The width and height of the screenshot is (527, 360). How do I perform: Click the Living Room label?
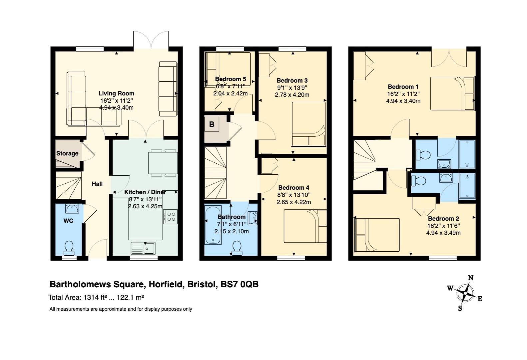click(x=116, y=93)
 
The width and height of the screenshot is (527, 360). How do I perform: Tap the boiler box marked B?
click(x=212, y=124)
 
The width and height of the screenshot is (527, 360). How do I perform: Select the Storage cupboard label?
click(x=67, y=154)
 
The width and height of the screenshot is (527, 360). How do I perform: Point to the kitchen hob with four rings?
click(x=170, y=217)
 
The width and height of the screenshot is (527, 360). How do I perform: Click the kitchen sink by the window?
click(x=143, y=248)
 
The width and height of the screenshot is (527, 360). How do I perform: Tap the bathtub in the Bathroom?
click(x=213, y=225)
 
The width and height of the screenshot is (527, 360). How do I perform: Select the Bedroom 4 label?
click(x=293, y=188)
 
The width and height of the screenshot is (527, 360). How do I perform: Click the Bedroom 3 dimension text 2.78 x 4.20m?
click(x=292, y=95)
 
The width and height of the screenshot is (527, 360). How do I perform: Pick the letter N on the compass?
click(x=470, y=278)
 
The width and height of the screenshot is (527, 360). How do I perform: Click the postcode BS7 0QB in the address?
click(x=240, y=284)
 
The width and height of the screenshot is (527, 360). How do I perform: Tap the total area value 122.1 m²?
click(x=130, y=297)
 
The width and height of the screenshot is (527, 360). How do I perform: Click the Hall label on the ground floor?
click(x=97, y=184)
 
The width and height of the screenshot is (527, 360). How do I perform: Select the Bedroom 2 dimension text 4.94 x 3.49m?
click(x=443, y=233)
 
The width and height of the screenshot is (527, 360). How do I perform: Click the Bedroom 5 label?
click(x=231, y=79)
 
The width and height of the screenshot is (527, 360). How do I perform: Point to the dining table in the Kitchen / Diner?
click(x=163, y=163)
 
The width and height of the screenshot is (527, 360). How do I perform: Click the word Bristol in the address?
click(x=202, y=284)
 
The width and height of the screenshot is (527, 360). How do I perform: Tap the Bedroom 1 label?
click(x=403, y=87)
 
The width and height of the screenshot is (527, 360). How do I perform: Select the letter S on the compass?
click(x=460, y=308)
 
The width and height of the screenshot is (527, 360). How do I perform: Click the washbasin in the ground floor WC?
click(x=72, y=208)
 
